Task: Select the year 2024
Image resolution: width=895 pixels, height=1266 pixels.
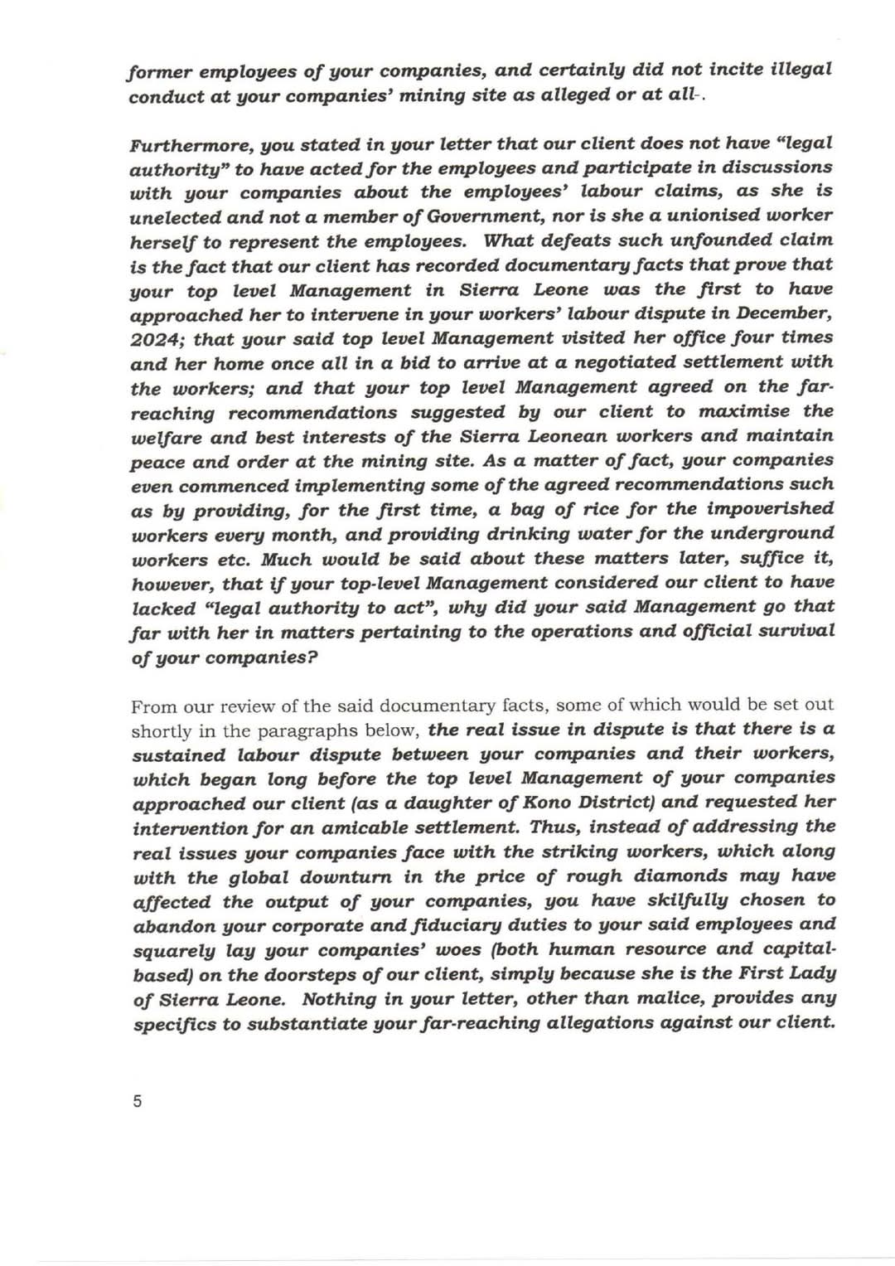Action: [155, 339]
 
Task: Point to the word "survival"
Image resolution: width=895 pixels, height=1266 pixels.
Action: [794, 631]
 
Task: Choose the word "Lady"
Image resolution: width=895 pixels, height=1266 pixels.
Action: [810, 973]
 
